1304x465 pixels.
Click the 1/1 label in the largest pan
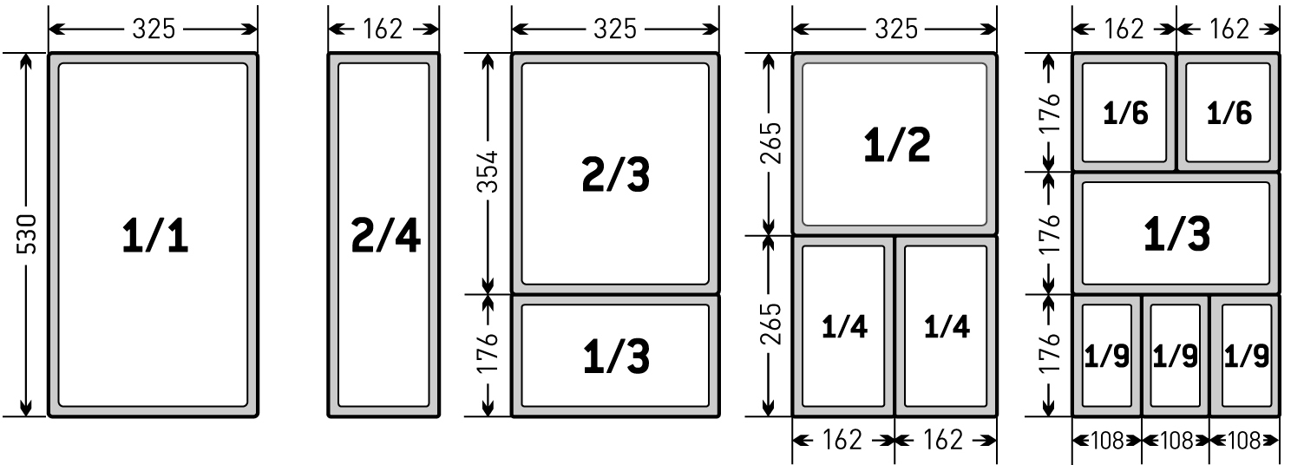(154, 235)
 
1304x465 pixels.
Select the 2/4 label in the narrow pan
(385, 235)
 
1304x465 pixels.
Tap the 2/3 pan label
(615, 174)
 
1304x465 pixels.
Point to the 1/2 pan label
(896, 145)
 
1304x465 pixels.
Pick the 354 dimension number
(488, 172)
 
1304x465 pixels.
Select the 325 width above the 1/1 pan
(154, 29)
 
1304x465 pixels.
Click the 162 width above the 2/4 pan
(383, 29)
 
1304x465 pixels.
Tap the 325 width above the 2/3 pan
(615, 29)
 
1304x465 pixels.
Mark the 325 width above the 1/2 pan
(896, 29)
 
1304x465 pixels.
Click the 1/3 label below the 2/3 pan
(616, 357)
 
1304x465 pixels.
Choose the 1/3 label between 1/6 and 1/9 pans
(1177, 234)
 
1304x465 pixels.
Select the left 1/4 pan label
(844, 326)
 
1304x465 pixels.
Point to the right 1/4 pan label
(947, 326)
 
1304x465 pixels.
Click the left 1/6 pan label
(1125, 113)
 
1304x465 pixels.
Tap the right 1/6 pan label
(1229, 113)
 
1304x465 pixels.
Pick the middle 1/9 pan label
(1175, 356)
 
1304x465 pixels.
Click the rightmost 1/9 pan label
(1246, 356)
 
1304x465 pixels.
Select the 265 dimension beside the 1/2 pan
(771, 142)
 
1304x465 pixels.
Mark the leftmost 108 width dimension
(1107, 441)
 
